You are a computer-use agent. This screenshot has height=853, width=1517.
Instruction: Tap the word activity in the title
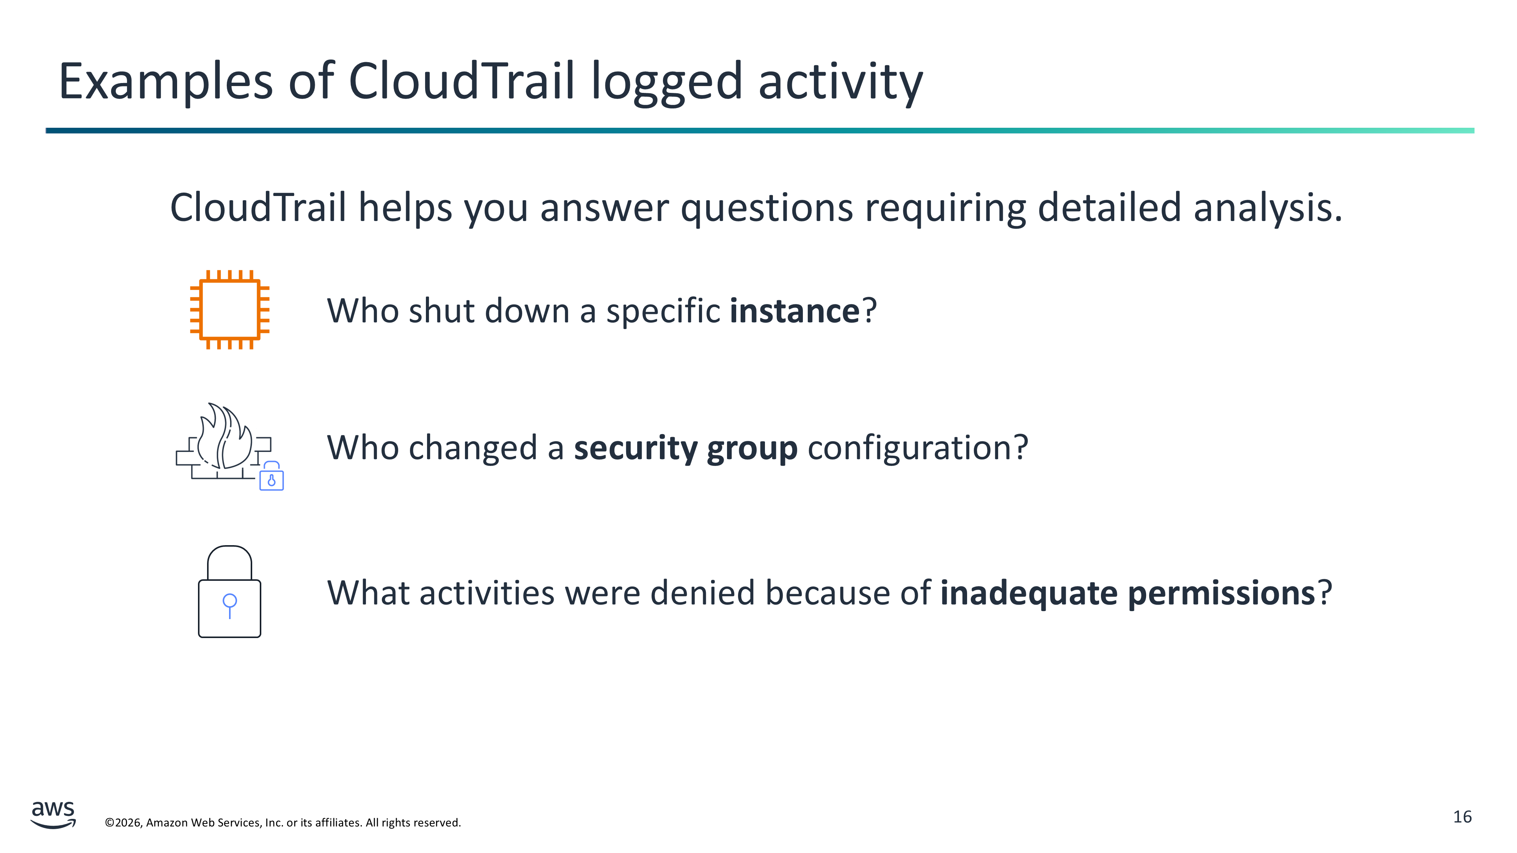click(840, 83)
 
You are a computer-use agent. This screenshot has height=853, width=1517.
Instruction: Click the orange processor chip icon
click(230, 310)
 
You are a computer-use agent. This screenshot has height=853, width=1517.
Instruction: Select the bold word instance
click(795, 311)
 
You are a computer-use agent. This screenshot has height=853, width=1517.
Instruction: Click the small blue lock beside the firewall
click(272, 476)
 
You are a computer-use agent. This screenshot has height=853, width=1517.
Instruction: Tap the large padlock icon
click(230, 592)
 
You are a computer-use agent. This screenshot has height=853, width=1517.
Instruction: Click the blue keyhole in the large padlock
click(230, 605)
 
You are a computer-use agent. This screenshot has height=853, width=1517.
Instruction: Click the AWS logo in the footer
click(53, 815)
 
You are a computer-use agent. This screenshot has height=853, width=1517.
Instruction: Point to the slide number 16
click(1462, 817)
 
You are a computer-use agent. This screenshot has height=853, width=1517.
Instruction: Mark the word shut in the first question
click(442, 311)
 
